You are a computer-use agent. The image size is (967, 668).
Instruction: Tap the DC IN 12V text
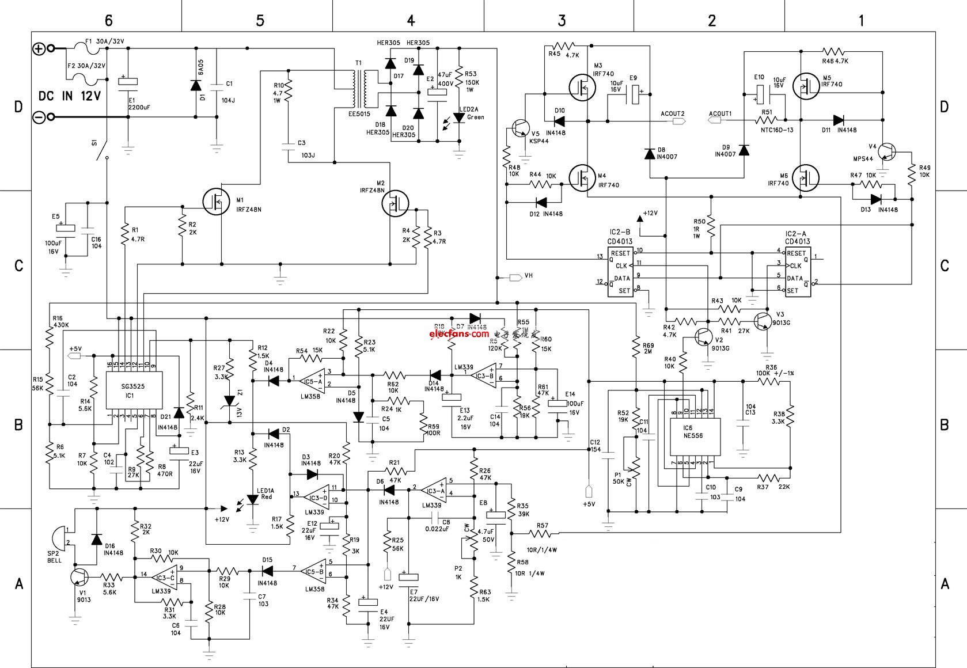tap(70, 96)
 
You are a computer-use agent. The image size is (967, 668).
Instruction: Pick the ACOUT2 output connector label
tap(673, 113)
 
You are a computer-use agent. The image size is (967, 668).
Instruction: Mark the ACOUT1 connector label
tap(720, 113)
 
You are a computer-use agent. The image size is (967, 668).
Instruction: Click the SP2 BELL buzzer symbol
tap(58, 537)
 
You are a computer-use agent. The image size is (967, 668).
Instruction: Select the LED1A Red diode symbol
tap(252, 499)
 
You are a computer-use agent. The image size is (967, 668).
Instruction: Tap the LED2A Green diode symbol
tap(459, 117)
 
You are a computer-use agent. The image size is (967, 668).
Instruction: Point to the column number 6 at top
tap(108, 21)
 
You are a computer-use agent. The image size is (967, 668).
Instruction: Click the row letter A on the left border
tap(19, 584)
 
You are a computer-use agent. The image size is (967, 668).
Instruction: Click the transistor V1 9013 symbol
tap(79, 576)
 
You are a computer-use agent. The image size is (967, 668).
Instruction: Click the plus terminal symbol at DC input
tap(39, 49)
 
